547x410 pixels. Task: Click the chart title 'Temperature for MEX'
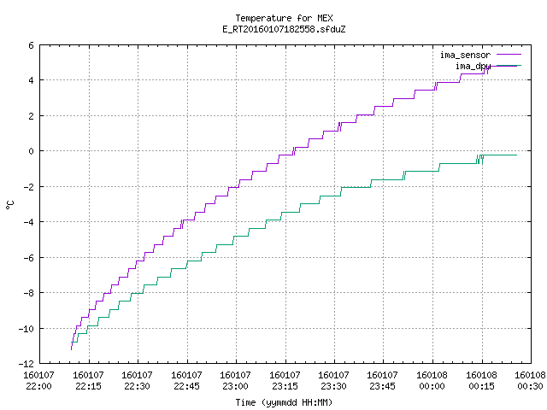pyautogui.click(x=284, y=18)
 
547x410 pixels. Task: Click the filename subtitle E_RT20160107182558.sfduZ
pyautogui.click(x=284, y=29)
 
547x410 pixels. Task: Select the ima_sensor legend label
pyautogui.click(x=465, y=55)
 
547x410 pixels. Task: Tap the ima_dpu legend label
pyautogui.click(x=473, y=66)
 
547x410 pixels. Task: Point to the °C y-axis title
pyautogui.click(x=9, y=204)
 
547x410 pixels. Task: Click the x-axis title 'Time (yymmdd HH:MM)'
pyautogui.click(x=284, y=402)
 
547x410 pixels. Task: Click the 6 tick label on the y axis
pyautogui.click(x=31, y=45)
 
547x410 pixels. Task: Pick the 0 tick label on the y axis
pyautogui.click(x=31, y=151)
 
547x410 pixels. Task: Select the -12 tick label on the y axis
pyautogui.click(x=26, y=364)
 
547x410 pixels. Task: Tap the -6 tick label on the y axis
pyautogui.click(x=28, y=258)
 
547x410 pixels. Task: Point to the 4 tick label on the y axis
pyautogui.click(x=31, y=80)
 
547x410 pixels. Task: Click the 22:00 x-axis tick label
pyautogui.click(x=38, y=386)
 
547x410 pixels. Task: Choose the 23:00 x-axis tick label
pyautogui.click(x=236, y=386)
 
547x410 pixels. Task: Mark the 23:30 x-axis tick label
pyautogui.click(x=334, y=386)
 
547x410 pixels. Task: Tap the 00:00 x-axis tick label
pyautogui.click(x=432, y=386)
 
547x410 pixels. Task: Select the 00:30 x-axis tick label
pyautogui.click(x=530, y=386)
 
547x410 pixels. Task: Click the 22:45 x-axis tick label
pyautogui.click(x=186, y=386)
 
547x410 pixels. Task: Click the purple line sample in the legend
pyautogui.click(x=509, y=55)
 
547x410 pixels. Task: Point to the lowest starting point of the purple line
pyautogui.click(x=71, y=349)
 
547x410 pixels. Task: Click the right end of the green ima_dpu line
pyautogui.click(x=516, y=155)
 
